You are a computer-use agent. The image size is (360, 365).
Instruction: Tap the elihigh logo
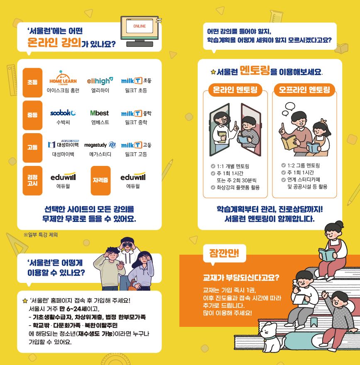click(x=100, y=81)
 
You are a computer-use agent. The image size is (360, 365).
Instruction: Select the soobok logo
click(x=63, y=113)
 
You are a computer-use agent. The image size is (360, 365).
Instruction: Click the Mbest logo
click(x=100, y=113)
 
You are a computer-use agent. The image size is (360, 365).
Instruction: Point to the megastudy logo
click(x=100, y=145)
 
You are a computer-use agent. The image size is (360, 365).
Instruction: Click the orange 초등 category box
click(x=32, y=83)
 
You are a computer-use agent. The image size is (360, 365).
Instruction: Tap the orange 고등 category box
click(x=32, y=148)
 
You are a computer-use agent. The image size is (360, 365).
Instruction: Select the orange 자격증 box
click(x=100, y=180)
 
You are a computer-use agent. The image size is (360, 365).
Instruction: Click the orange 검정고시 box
click(x=32, y=180)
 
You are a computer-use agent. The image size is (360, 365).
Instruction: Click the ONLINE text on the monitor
click(x=140, y=26)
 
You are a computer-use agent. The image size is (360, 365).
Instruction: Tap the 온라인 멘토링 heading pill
click(x=235, y=90)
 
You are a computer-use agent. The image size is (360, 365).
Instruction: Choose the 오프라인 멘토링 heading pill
click(x=304, y=90)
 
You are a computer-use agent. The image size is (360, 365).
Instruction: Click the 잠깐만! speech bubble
click(x=224, y=254)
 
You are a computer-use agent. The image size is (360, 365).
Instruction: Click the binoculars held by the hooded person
click(x=127, y=245)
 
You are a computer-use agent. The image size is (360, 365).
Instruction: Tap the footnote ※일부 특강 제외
click(x=41, y=235)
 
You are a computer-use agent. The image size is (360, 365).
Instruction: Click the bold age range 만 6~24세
click(x=73, y=309)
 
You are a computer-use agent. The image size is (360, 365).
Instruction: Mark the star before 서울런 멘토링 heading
click(x=213, y=72)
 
